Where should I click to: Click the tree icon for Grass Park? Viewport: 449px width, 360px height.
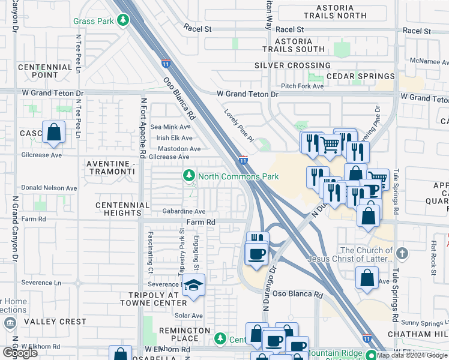(x=123, y=21)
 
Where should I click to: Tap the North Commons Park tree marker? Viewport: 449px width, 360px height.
(x=189, y=176)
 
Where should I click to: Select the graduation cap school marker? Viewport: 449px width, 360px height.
(x=194, y=286)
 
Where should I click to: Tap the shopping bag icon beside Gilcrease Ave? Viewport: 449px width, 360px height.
(x=54, y=132)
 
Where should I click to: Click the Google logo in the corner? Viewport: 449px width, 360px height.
(x=20, y=352)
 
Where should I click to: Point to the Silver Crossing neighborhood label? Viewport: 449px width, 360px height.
(x=292, y=65)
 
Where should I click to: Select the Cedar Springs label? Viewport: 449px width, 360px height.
(x=360, y=77)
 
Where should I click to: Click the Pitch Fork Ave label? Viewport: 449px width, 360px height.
(x=302, y=86)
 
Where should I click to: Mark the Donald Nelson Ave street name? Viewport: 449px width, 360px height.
(x=49, y=188)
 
